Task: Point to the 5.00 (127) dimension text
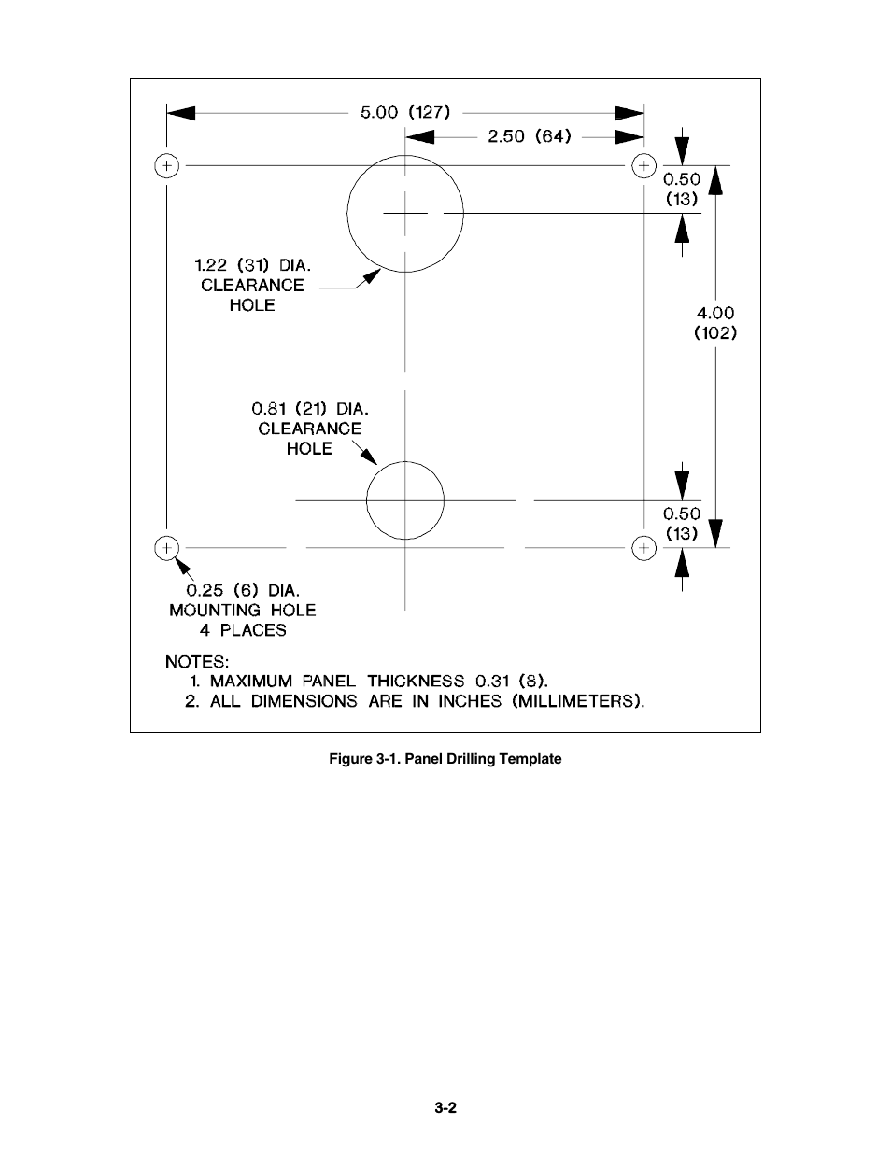(x=405, y=112)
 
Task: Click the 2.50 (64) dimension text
(x=529, y=136)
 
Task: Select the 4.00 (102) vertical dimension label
(x=715, y=323)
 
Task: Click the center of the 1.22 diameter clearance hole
(x=405, y=213)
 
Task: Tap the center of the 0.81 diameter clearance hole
(x=405, y=500)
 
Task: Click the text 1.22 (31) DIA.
(x=252, y=265)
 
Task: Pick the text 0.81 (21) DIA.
(x=310, y=409)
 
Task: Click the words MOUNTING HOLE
(x=243, y=611)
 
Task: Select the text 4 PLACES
(x=243, y=630)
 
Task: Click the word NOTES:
(x=197, y=662)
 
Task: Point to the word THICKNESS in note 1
(x=416, y=681)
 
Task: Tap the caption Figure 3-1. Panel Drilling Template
(x=445, y=759)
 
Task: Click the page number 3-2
(x=445, y=1107)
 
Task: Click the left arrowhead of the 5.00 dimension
(x=181, y=113)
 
